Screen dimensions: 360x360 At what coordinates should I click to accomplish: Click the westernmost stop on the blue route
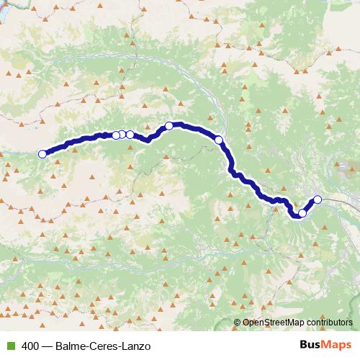[x=42, y=153]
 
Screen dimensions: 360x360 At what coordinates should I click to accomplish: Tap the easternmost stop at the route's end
[x=318, y=199]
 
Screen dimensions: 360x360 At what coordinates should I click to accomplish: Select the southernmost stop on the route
[x=302, y=213]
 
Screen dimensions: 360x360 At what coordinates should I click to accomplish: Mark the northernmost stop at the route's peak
[x=169, y=126]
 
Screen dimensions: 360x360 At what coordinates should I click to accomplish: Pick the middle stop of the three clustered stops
[x=122, y=135]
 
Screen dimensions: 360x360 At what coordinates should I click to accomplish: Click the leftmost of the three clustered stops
[x=116, y=135]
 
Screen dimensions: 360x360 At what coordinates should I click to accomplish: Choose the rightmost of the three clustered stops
[x=130, y=135]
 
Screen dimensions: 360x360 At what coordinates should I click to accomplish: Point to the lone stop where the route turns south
[x=219, y=140]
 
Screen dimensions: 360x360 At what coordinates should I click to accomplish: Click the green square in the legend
[x=9, y=346]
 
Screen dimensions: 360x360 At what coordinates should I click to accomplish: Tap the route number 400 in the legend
[x=30, y=346]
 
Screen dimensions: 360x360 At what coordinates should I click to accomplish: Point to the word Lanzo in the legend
[x=138, y=346]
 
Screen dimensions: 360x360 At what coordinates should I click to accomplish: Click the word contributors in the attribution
[x=328, y=323]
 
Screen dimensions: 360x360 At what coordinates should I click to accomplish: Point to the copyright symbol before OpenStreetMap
[x=238, y=323]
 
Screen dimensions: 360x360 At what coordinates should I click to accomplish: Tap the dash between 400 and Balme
[x=48, y=346]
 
